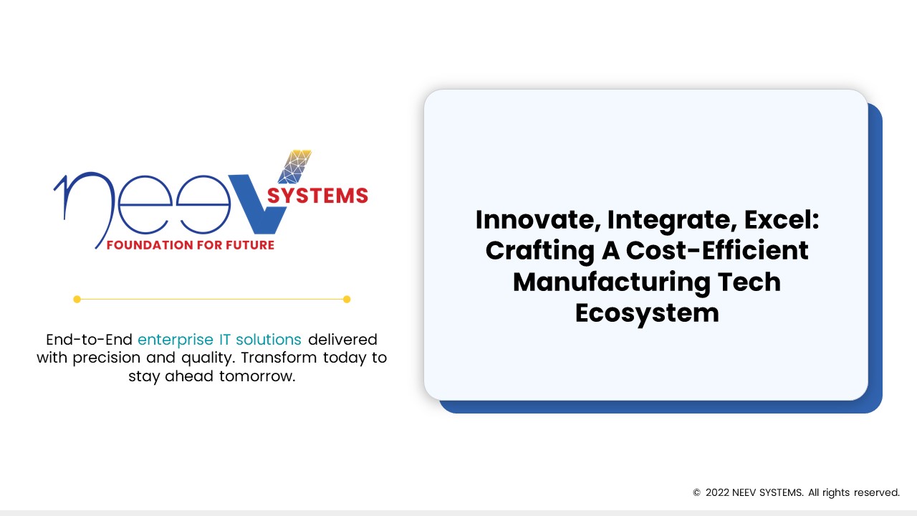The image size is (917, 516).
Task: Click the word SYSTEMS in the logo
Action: [317, 196]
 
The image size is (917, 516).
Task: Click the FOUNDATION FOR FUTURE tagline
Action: [190, 245]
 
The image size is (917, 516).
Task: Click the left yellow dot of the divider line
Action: [77, 299]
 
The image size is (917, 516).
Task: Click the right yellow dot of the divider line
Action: [347, 299]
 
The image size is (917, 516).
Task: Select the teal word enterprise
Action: [171, 339]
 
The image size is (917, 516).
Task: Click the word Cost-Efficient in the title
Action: [717, 251]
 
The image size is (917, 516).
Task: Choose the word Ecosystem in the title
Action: [647, 312]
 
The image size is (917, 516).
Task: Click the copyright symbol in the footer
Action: [696, 493]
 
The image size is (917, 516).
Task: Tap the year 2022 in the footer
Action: [717, 493]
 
